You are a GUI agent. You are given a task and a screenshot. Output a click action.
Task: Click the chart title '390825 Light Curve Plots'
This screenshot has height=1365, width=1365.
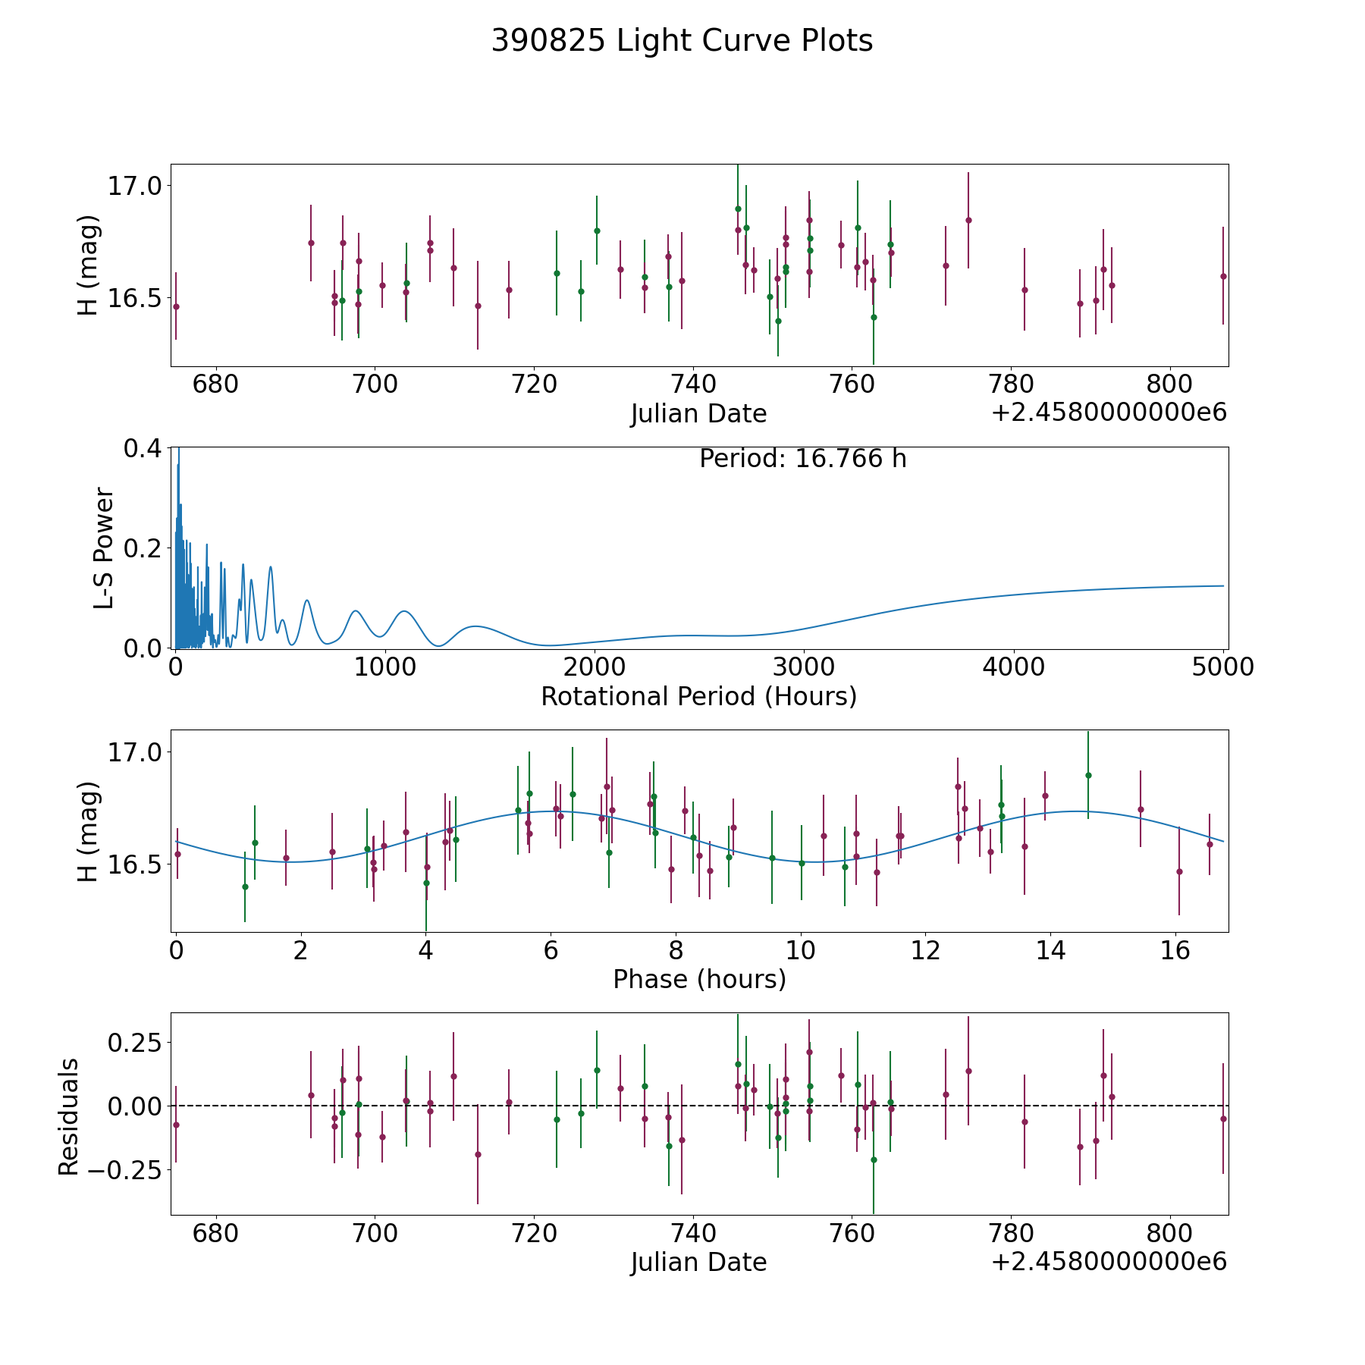click(682, 41)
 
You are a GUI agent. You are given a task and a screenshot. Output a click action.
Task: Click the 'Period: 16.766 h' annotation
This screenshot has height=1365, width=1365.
click(802, 459)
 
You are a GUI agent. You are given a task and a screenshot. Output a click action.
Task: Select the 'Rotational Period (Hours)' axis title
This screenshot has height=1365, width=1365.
click(698, 696)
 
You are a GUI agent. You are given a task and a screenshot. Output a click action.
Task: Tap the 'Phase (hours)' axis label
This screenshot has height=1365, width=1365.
click(699, 979)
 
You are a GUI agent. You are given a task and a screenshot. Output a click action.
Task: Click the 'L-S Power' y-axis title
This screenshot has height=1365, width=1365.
click(104, 548)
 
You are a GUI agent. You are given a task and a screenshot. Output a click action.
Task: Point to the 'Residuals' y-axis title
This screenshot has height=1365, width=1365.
click(68, 1117)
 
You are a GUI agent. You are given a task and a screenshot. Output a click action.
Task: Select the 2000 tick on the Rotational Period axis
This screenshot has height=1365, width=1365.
click(595, 667)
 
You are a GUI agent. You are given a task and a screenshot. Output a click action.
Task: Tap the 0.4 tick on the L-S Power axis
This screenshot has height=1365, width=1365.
click(143, 448)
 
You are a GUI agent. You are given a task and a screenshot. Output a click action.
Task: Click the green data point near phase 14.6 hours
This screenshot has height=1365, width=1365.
click(1088, 775)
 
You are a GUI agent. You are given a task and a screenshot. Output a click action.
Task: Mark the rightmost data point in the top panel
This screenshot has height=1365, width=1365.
click(1222, 276)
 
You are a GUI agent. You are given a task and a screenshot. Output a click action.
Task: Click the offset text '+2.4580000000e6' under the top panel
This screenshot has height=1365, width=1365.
click(1109, 413)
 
